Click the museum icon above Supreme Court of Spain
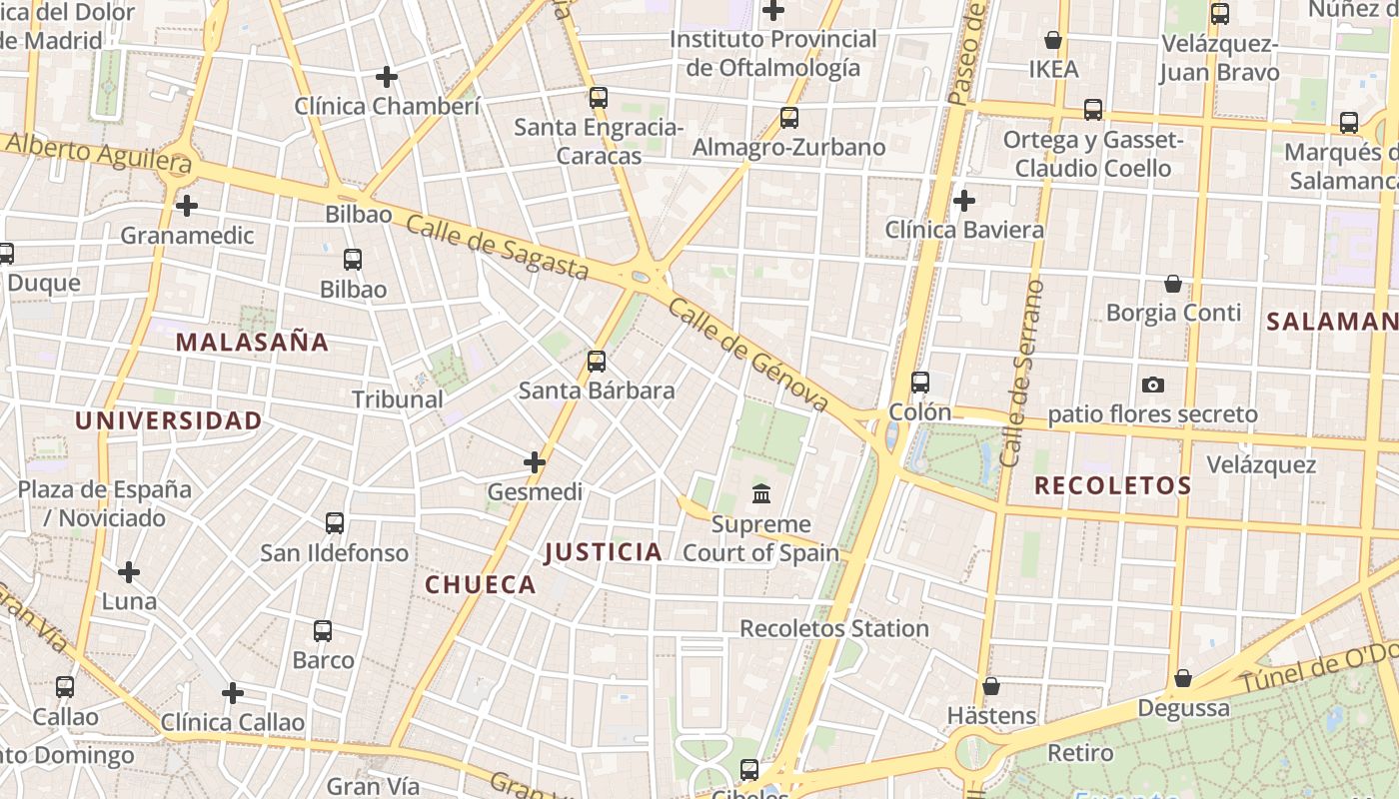pyautogui.click(x=761, y=493)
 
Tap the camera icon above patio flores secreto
pyautogui.click(x=1152, y=385)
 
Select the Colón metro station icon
pyautogui.click(x=919, y=383)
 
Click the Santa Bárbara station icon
pyautogui.click(x=597, y=362)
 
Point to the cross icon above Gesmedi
pyautogui.click(x=535, y=462)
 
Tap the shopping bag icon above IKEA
pyautogui.click(x=1052, y=40)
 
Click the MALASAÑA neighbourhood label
pyautogui.click(x=252, y=343)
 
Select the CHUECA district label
pyautogui.click(x=481, y=585)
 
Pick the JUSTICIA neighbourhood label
pyautogui.click(x=603, y=552)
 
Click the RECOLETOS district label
pyautogui.click(x=1112, y=486)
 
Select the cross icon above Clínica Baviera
pyautogui.click(x=963, y=201)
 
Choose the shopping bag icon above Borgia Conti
pyautogui.click(x=1172, y=285)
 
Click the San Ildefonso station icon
pyautogui.click(x=335, y=523)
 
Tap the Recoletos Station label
pyautogui.click(x=834, y=629)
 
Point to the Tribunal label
pyautogui.click(x=397, y=399)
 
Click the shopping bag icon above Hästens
pyautogui.click(x=990, y=687)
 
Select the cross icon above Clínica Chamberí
pyautogui.click(x=387, y=77)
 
